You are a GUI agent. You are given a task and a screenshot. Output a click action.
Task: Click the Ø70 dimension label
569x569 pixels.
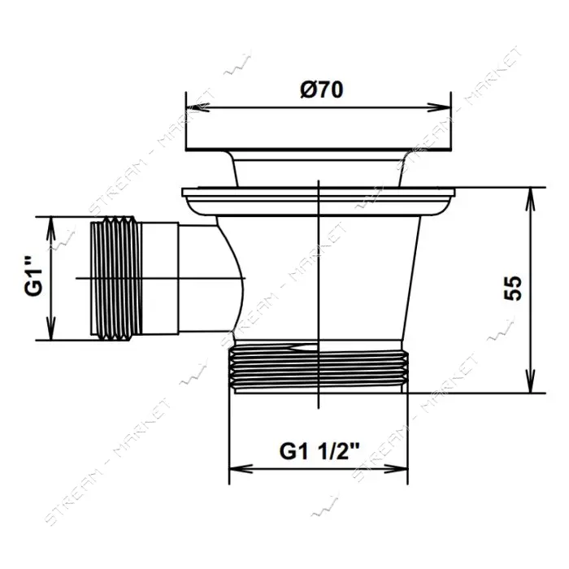tap(322, 89)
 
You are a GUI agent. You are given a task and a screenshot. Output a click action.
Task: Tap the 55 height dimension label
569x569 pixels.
tap(513, 288)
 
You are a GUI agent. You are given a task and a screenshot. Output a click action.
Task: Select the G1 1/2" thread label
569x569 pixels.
tap(319, 451)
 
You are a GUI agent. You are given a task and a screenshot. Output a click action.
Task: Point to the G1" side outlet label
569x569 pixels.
tap(34, 276)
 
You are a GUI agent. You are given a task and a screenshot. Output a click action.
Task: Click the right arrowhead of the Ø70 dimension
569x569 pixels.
tap(439, 108)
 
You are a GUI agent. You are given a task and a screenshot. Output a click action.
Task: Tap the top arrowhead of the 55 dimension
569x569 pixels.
tap(531, 199)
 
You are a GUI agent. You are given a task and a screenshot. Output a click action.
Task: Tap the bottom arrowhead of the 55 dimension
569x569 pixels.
tap(531, 381)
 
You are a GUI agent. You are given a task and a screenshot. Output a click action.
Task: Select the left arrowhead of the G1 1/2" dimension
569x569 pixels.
tap(241, 468)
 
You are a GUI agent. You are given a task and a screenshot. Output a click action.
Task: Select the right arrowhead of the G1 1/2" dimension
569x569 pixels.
tap(396, 468)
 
